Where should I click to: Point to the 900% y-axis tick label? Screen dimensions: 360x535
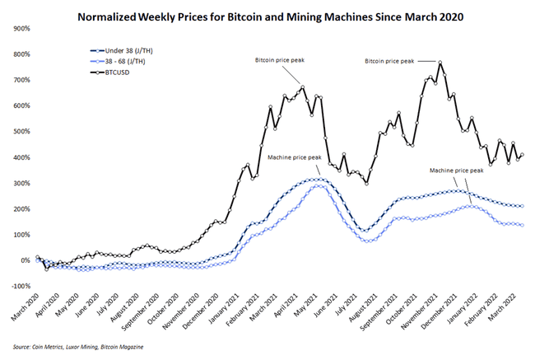(17, 29)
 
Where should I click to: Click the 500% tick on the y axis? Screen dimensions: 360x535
(17, 131)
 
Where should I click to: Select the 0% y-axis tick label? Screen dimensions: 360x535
(21, 260)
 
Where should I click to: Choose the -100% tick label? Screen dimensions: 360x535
(16, 286)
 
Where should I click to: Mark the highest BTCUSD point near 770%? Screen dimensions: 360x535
(441, 63)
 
